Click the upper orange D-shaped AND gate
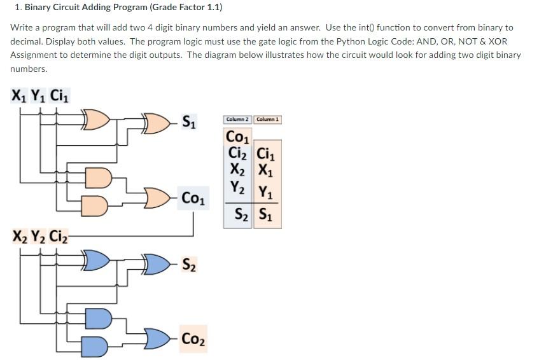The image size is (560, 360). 98,177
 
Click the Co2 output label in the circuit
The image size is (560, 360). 193,338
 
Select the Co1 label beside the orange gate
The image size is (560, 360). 193,198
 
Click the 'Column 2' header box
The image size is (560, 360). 238,120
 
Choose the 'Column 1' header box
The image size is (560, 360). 268,120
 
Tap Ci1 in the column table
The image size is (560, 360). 267,154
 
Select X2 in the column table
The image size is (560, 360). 238,170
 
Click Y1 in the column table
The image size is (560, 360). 267,189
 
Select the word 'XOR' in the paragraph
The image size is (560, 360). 497,41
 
